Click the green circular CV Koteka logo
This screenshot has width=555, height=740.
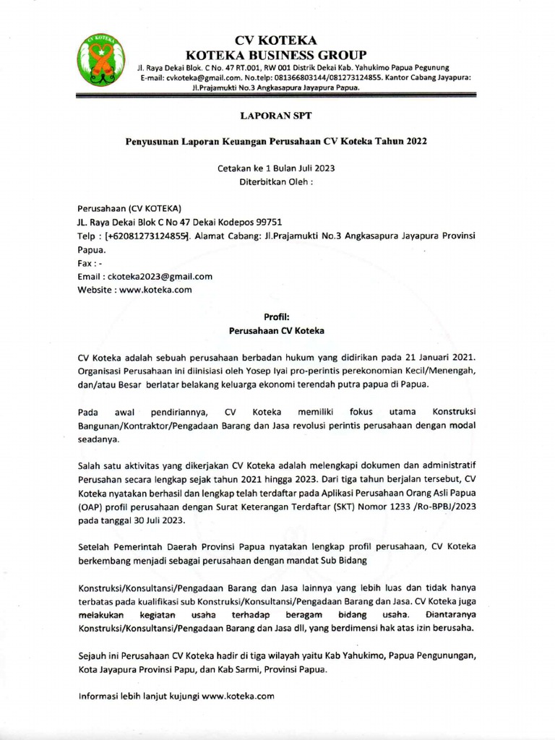point(100,61)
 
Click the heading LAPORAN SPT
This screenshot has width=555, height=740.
point(277,115)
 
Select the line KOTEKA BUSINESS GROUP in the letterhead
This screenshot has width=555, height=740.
point(277,55)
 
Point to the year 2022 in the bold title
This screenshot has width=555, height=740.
point(415,141)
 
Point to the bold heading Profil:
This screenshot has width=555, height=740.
point(277,317)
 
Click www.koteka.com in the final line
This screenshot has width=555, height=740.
point(238,696)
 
